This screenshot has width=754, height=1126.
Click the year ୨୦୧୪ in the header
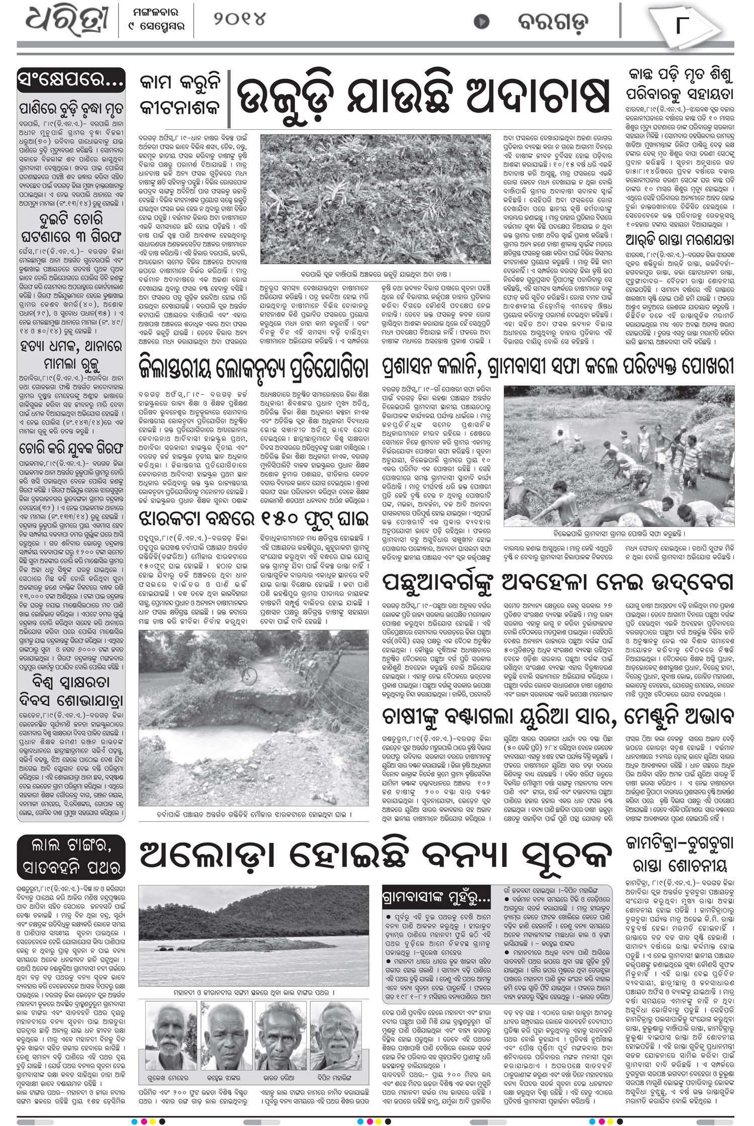click(x=239, y=20)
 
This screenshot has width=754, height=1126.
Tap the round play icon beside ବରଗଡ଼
click(x=482, y=22)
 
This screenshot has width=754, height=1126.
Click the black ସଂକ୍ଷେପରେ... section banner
click(x=71, y=79)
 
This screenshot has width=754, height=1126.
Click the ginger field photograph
click(x=375, y=199)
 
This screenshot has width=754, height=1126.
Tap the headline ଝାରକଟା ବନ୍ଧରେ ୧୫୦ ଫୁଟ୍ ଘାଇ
click(x=254, y=518)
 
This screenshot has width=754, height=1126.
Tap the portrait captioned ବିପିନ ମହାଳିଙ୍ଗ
click(x=334, y=1036)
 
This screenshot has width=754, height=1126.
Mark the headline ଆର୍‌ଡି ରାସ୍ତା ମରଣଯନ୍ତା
click(x=680, y=240)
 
